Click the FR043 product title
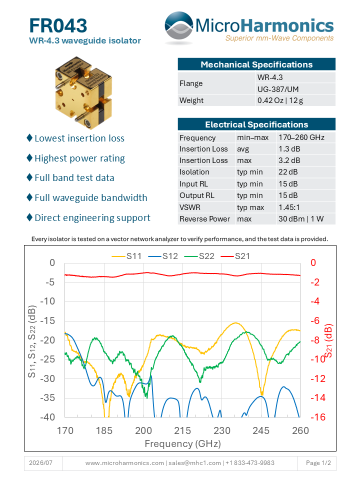point(58,25)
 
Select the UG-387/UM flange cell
point(278,89)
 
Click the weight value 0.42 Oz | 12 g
point(280,100)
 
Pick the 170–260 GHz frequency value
point(301,137)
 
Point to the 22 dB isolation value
point(288,172)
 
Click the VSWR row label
point(190,207)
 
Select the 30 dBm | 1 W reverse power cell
point(301,219)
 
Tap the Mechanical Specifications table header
point(256,64)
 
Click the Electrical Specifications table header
point(256,124)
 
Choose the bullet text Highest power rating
point(79,158)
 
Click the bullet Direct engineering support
point(92,218)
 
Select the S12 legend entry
point(163,256)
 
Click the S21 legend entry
point(235,256)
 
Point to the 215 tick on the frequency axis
point(182,430)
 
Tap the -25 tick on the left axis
point(47,359)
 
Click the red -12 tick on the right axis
point(318,378)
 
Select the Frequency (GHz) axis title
point(183,443)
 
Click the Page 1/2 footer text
point(318,463)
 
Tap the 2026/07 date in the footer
point(40,463)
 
